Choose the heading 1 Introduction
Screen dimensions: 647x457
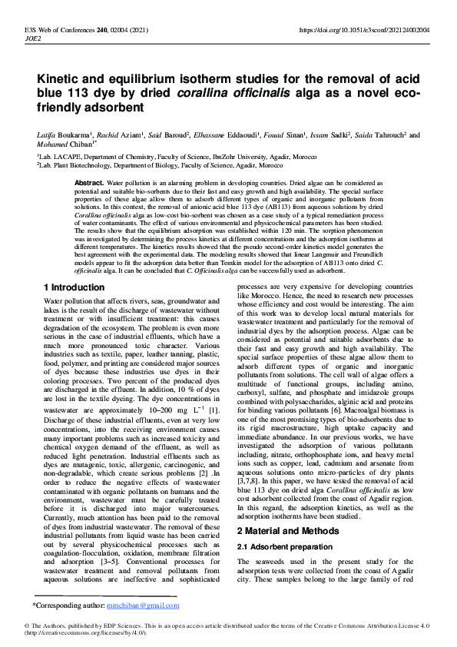[x=74, y=287]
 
